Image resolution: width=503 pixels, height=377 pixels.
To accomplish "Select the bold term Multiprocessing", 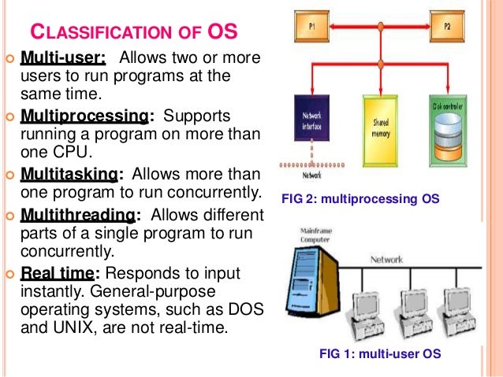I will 84,116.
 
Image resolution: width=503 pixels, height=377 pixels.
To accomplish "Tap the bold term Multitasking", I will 72,174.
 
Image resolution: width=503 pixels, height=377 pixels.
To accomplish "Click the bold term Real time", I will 58,272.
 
